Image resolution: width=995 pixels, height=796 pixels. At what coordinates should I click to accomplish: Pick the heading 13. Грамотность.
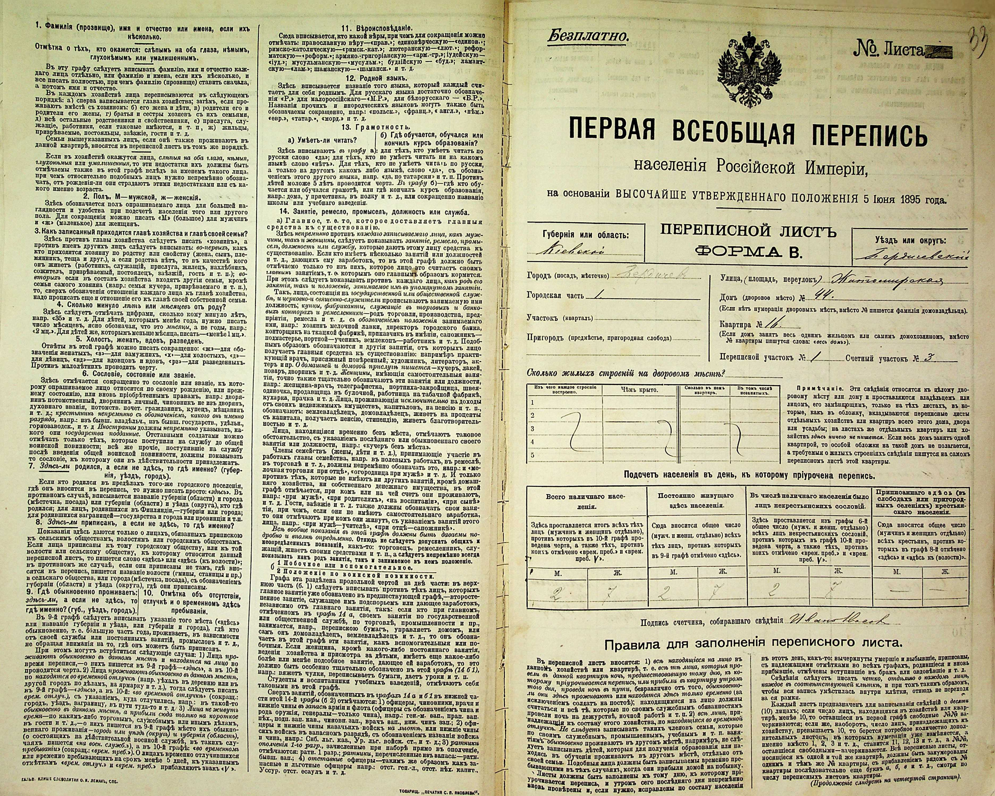tap(375, 126)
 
